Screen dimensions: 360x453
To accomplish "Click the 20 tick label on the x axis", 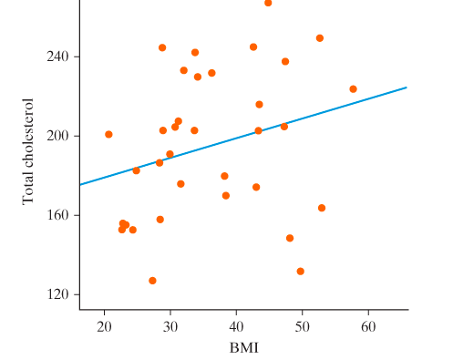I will pos(104,326).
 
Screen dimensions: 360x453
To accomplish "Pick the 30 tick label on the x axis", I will pos(170,326).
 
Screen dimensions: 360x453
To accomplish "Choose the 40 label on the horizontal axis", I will pos(236,326).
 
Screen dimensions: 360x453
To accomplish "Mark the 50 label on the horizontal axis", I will pos(303,326).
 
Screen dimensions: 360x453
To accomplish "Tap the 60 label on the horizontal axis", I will pos(368,326).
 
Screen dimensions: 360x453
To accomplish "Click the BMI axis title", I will pos(243,347).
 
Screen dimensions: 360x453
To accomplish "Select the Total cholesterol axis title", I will pos(28,149).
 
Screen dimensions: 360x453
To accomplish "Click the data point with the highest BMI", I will pos(353,89).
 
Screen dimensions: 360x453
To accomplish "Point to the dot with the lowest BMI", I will pos(108,134).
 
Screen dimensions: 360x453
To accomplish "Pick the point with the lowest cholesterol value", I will pos(152,281).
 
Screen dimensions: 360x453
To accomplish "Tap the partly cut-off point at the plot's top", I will pos(268,3).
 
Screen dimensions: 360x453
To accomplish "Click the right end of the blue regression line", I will pos(406,87).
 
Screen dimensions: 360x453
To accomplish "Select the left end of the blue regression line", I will pos(80,185).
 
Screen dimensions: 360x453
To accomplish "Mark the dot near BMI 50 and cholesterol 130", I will pos(300,272).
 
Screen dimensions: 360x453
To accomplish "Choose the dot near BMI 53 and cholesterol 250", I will pos(320,38).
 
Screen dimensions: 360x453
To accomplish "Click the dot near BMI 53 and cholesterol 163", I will pos(322,208).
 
